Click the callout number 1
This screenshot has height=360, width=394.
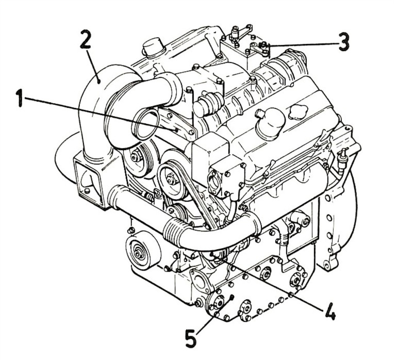click(20, 99)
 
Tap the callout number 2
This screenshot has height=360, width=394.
click(85, 39)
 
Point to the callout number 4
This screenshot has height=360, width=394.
click(329, 311)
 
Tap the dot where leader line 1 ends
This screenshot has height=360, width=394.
click(176, 130)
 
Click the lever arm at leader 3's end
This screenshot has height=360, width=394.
click(259, 50)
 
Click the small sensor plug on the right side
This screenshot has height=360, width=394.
click(342, 158)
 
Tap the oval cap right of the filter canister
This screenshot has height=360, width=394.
click(298, 111)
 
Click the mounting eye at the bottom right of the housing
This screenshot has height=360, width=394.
click(327, 264)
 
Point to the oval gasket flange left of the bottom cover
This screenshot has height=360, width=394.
click(200, 282)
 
